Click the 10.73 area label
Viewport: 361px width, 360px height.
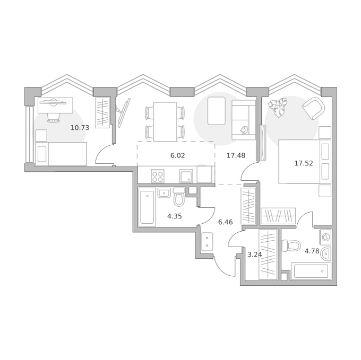80,128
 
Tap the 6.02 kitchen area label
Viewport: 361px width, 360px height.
177,156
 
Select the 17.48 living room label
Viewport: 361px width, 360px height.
236,156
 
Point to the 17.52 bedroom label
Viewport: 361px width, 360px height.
304,163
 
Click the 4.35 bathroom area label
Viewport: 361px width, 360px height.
175,216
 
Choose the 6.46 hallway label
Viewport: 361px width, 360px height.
226,222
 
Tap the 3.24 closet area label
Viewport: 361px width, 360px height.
255,254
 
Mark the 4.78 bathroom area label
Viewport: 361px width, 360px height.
312,251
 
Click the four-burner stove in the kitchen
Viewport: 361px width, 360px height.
158,177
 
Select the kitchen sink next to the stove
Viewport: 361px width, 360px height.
186,177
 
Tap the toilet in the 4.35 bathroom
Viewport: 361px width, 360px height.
179,197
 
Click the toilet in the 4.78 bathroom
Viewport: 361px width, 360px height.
291,245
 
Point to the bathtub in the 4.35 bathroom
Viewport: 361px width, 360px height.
147,207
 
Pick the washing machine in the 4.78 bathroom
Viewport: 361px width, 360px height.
325,237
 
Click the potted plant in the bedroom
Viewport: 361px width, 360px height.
278,107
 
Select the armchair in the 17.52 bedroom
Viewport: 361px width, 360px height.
313,109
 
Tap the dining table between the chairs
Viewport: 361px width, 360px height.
165,122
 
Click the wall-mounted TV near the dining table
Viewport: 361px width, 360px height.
124,112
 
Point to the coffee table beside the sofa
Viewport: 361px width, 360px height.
217,111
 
